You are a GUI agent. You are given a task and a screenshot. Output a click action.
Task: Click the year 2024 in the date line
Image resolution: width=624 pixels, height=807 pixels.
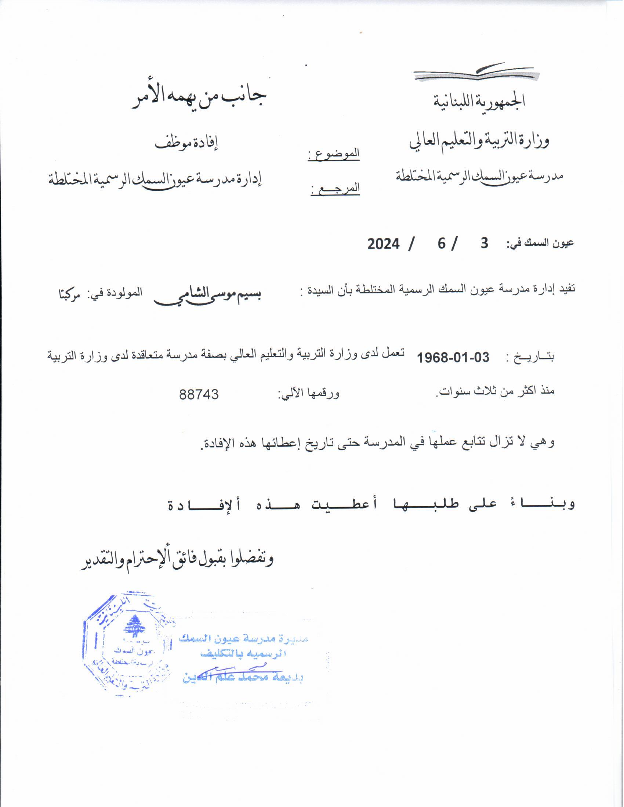(x=383, y=244)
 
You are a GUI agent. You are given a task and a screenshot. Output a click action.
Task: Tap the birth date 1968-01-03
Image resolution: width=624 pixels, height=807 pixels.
(x=453, y=357)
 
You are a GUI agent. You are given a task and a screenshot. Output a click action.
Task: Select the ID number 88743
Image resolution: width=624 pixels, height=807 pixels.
(x=199, y=394)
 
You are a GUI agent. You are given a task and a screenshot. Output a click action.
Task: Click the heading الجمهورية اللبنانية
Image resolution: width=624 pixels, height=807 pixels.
(x=479, y=101)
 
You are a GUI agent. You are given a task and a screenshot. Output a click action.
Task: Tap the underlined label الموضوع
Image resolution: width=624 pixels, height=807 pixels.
(x=334, y=154)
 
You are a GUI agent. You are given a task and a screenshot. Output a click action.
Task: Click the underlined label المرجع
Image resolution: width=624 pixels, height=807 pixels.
(x=335, y=189)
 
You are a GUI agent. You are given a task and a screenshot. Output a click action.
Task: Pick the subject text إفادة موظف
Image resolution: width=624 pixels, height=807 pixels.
(x=187, y=143)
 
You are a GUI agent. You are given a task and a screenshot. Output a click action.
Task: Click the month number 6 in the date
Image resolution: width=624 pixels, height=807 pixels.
(x=442, y=244)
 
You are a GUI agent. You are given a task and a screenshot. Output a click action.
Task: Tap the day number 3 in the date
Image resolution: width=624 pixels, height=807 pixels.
(x=484, y=243)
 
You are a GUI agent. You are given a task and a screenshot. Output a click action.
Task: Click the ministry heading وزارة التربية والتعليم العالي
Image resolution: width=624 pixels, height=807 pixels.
(x=479, y=141)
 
